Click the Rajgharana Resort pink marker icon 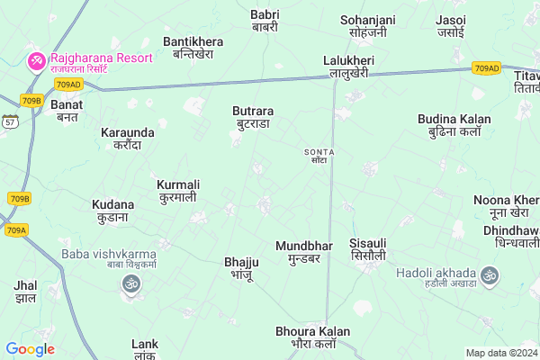pos(37,61)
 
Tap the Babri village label pos(265,21)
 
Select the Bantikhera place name pos(193,48)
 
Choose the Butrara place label pos(253,117)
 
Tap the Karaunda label pos(128,139)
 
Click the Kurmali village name pos(177,191)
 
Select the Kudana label pos(113,211)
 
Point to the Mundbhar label pos(304,251)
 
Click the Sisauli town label pos(368,250)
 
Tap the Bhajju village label pos(239,268)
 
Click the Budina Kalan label pos(454,125)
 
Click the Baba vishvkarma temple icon pos(130,285)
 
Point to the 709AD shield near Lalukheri pos(487,67)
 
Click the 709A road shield pos(16,230)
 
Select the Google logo pos(31,349)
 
